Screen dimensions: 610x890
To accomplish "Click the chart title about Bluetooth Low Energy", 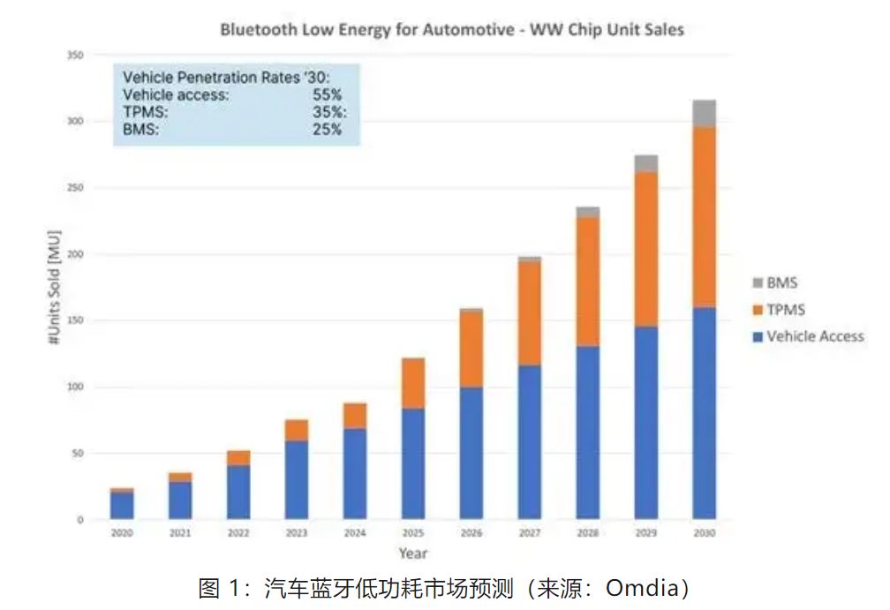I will coord(451,29).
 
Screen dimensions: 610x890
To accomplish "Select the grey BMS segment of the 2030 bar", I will coord(704,113).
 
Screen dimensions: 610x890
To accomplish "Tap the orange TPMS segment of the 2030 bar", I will coord(704,216).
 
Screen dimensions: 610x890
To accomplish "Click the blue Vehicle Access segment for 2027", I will coord(530,441).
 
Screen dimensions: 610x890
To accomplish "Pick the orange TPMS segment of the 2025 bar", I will coord(413,382).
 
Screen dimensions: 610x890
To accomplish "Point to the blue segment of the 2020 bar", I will coord(122,505).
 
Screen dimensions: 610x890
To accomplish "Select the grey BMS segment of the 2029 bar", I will coord(646,163).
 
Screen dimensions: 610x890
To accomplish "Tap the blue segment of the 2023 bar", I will coord(297,479).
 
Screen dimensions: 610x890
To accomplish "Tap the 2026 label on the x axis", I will coord(471,534).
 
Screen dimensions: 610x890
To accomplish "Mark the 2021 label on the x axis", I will coord(180,534).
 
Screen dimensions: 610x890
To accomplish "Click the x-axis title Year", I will coord(412,554).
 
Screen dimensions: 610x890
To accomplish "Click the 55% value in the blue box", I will coord(327,94).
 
